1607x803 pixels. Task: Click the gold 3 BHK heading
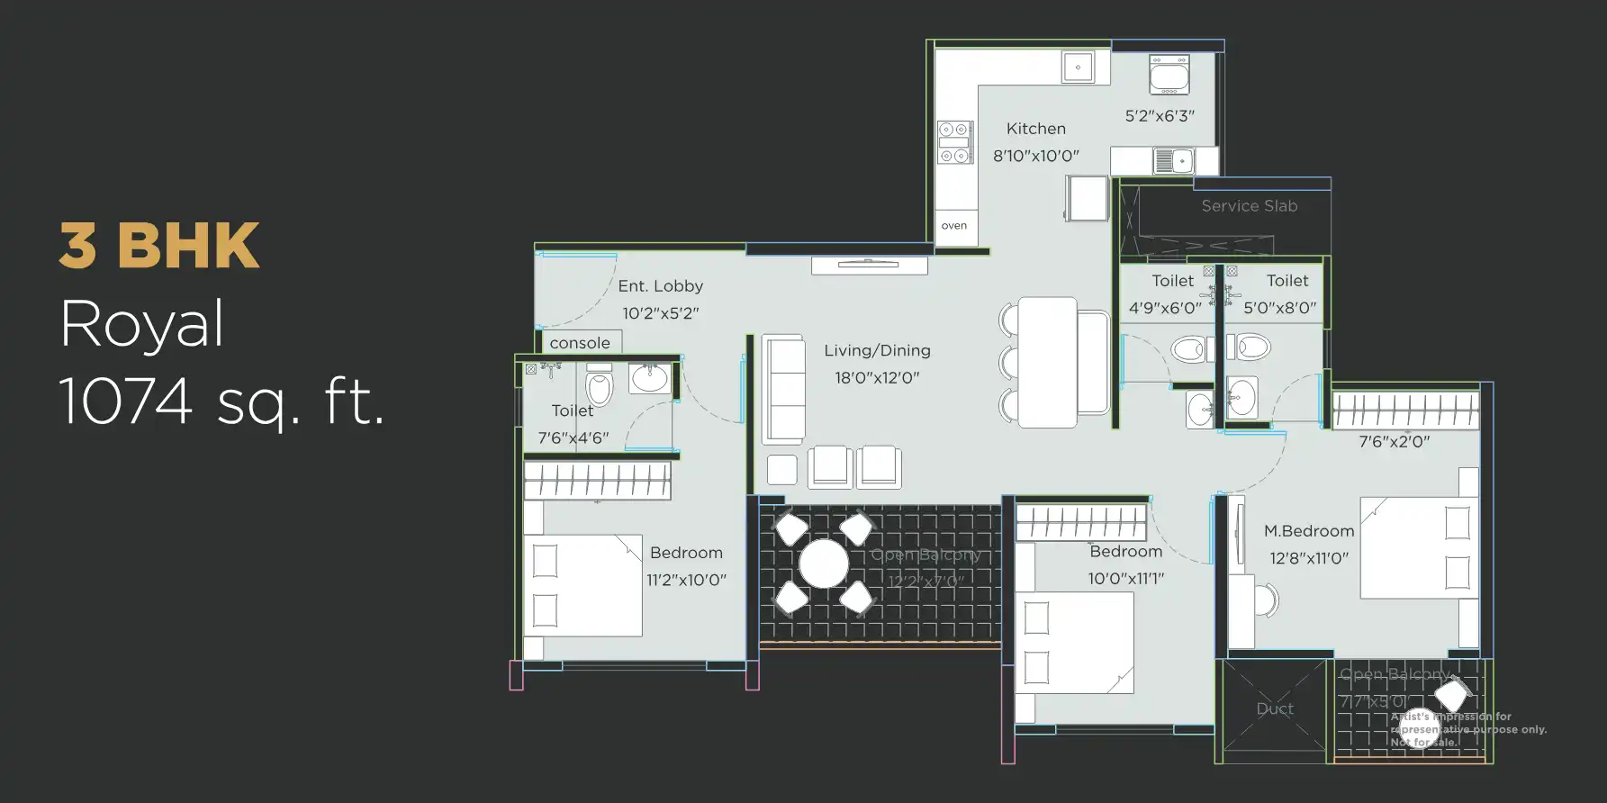[x=159, y=246]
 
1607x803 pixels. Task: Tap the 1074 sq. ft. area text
[x=221, y=401]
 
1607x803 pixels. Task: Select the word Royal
[x=142, y=324]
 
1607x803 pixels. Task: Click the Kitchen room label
[x=1035, y=129]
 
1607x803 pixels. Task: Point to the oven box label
[x=953, y=226]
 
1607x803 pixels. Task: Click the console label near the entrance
[x=580, y=343]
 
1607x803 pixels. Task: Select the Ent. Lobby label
[x=660, y=286]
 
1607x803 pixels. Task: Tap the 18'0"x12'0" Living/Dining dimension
[x=876, y=378]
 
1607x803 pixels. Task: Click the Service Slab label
[x=1249, y=206]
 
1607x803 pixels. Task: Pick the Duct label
[x=1274, y=709]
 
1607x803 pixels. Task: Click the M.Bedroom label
[x=1308, y=531]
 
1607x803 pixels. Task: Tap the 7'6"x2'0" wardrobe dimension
[x=1394, y=442]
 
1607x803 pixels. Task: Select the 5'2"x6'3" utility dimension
[x=1160, y=116]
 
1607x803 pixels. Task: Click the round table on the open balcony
[x=824, y=564]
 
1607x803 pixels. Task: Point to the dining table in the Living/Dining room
[x=1047, y=362]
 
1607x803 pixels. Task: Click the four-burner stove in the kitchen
[x=954, y=143]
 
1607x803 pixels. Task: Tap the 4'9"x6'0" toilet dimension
[x=1165, y=308]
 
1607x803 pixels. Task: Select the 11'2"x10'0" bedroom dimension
[x=686, y=580]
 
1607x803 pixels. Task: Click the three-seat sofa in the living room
[x=783, y=390]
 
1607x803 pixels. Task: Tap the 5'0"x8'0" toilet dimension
[x=1279, y=308]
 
